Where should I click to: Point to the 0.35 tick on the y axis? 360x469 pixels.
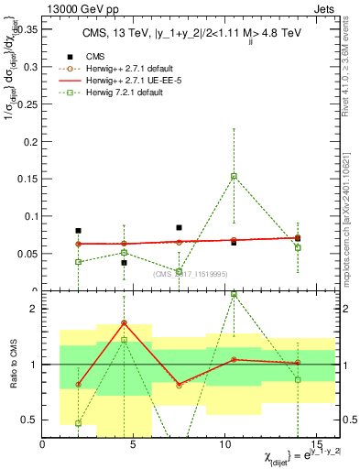(26, 29)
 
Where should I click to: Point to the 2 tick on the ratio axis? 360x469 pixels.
(33, 310)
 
